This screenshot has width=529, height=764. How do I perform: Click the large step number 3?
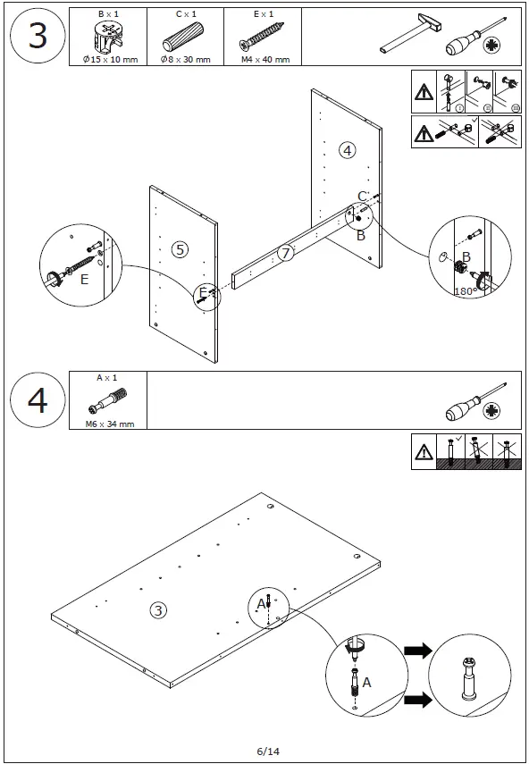point(38,36)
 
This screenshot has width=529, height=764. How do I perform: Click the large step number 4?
point(38,400)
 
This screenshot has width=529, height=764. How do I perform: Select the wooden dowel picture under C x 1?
point(182,37)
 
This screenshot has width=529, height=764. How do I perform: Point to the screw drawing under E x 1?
point(262,37)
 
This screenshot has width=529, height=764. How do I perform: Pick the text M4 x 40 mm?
point(265,60)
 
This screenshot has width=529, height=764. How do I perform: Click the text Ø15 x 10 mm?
point(110,60)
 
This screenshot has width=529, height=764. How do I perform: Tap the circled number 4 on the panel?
point(348,150)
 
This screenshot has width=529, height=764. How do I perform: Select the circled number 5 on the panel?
point(180,249)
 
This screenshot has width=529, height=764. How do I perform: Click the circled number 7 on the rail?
point(285,253)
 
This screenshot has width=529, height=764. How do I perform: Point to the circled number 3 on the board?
point(158,610)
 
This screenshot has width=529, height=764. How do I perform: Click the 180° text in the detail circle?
point(465,291)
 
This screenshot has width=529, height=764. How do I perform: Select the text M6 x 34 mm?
point(110,424)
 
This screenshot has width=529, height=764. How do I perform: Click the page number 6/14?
point(268,751)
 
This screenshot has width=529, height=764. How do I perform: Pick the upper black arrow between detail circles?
point(418,650)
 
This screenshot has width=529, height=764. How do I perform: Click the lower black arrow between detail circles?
point(418,700)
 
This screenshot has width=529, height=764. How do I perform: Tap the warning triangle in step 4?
point(424,452)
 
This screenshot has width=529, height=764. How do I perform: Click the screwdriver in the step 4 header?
point(477,402)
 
